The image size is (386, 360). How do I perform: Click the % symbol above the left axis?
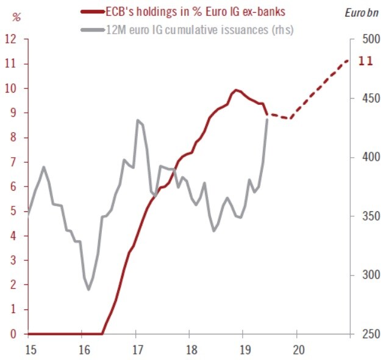coord(16,17)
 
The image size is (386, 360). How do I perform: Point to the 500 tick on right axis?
coord(363,40)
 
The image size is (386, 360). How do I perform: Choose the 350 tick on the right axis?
coord(363,216)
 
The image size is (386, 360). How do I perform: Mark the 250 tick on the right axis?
coord(363,334)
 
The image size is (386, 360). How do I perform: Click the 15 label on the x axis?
coord(29,350)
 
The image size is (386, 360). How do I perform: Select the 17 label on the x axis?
coord(137,350)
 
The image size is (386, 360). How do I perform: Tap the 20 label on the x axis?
coord(299,350)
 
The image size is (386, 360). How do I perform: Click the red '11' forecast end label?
coord(365,61)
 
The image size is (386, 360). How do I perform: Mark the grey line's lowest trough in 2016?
coord(88,289)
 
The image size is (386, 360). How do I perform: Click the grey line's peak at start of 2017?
coord(138,120)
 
